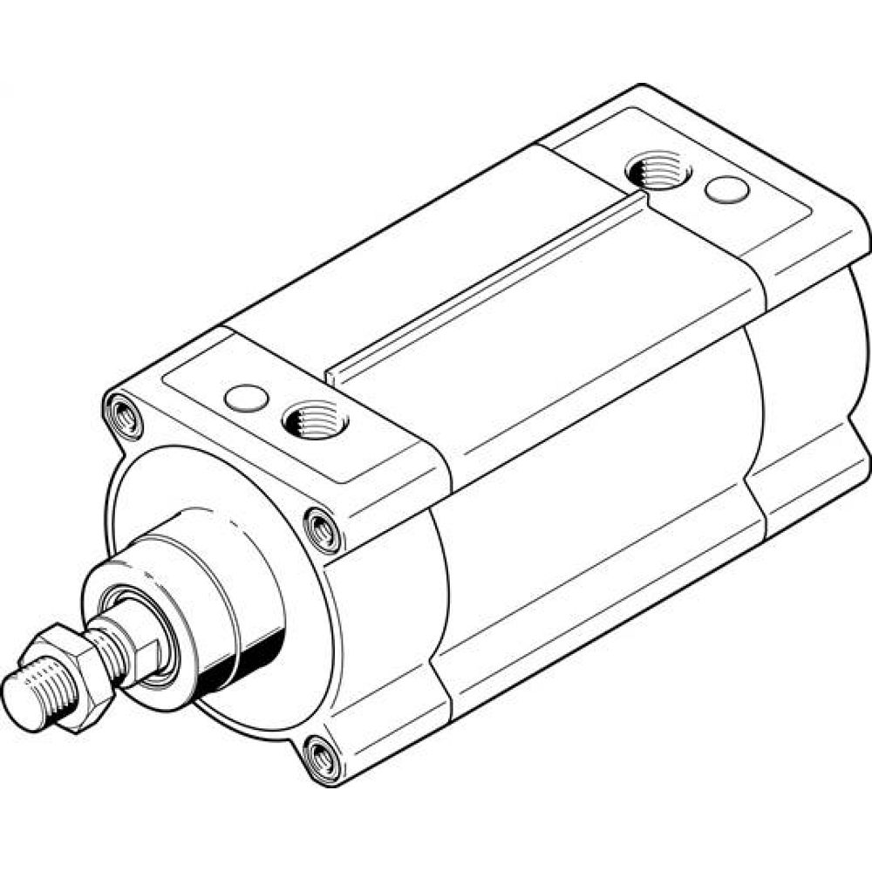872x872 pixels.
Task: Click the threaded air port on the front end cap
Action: (x=315, y=421)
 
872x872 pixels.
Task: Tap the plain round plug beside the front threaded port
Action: (x=245, y=398)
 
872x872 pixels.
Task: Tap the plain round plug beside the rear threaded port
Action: (x=726, y=188)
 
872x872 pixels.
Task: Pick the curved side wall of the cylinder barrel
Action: (x=593, y=488)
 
